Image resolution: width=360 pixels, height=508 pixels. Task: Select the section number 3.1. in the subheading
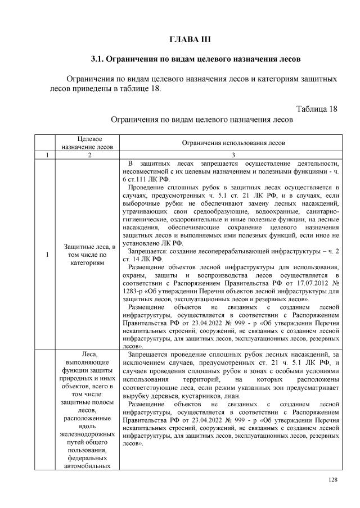click(101, 58)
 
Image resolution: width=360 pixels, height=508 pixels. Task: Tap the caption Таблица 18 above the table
click(316, 109)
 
